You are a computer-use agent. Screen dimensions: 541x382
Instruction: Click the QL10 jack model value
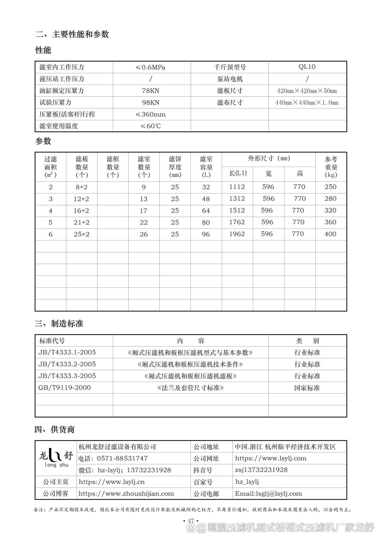click(307, 67)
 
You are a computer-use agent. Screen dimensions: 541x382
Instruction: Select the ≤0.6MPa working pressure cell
click(150, 67)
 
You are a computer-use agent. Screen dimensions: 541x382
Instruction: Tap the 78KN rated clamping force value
click(150, 91)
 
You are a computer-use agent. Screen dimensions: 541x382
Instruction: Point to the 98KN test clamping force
click(150, 102)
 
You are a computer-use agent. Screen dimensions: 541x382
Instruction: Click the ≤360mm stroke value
click(150, 114)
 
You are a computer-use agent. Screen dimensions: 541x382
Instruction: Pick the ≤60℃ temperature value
click(150, 126)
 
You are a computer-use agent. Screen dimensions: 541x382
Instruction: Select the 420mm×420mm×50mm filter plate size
click(307, 91)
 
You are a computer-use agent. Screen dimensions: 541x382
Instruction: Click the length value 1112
click(237, 187)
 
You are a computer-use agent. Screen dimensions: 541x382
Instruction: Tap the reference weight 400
click(330, 234)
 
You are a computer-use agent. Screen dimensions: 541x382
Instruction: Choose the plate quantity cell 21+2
click(82, 222)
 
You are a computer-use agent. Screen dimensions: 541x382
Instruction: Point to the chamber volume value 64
click(206, 211)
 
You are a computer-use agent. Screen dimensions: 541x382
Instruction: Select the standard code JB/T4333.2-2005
click(67, 364)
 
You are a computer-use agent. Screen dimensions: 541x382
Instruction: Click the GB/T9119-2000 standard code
click(65, 387)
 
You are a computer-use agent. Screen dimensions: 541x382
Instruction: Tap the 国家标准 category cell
click(307, 388)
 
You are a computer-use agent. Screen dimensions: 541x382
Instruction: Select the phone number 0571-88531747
click(122, 458)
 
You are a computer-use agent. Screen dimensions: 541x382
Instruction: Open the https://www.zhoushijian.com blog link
click(126, 494)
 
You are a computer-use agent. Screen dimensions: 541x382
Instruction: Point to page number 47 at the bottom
click(191, 521)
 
